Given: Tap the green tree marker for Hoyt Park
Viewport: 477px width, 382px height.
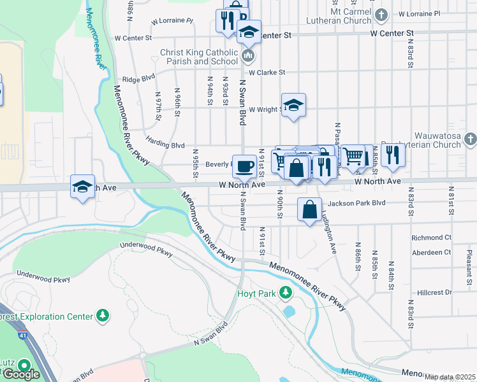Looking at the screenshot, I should (x=287, y=294).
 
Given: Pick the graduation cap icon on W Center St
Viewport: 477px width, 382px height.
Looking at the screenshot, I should (x=249, y=32).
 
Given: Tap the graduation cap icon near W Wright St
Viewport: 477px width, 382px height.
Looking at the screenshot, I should (x=293, y=105).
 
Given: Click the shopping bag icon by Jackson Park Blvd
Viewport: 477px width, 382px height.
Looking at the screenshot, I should (x=309, y=209).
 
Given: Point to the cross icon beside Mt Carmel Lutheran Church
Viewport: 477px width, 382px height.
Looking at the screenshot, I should (x=381, y=13).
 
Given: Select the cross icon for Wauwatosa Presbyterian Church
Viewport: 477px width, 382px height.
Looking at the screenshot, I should (x=469, y=139).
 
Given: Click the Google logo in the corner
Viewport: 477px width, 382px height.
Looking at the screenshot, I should (x=20, y=374).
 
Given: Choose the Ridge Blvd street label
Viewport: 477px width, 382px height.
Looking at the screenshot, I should (x=138, y=79).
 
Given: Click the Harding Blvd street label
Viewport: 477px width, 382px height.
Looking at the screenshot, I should (x=165, y=145).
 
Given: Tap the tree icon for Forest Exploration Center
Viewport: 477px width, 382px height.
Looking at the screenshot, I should (x=102, y=315).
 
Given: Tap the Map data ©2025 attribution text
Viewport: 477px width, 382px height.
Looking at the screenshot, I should (x=450, y=377).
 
